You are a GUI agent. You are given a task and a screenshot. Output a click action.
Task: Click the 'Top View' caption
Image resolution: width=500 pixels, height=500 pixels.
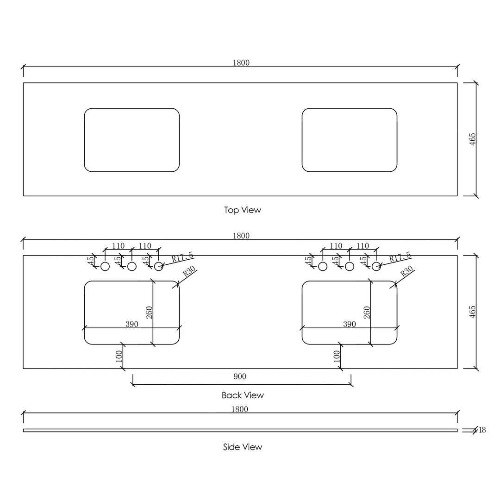[x=243, y=210]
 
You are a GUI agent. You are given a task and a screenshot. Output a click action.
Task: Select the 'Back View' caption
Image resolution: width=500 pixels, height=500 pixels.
[x=243, y=395]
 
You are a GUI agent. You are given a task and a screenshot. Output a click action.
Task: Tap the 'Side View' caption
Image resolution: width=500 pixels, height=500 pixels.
[x=243, y=447]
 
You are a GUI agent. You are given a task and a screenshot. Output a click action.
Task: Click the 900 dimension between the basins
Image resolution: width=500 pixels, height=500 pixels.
[x=240, y=377]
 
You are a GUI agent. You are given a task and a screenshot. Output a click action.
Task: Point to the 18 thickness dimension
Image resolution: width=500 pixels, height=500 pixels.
[x=482, y=430]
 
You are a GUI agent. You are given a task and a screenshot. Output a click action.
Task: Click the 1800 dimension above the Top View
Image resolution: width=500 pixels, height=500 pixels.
[x=241, y=63]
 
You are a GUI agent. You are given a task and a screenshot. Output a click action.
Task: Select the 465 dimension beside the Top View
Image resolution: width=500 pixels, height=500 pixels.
[x=473, y=139]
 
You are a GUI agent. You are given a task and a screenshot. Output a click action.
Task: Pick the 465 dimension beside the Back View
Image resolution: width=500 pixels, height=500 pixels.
[x=473, y=312]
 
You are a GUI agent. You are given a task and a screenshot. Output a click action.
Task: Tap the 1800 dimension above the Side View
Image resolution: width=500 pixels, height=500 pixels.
[x=240, y=409]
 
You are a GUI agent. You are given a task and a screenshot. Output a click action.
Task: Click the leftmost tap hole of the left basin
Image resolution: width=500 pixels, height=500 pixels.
[x=105, y=266]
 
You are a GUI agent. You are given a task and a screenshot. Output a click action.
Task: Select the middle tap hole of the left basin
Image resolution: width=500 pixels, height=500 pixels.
[x=132, y=266]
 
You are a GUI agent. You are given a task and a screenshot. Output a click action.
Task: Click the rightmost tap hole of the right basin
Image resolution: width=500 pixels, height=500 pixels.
[x=376, y=266]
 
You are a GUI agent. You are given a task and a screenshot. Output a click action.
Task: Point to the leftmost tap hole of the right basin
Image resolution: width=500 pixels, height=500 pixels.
[x=323, y=266]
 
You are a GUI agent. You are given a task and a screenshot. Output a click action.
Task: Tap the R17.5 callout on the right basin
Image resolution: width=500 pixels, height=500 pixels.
[x=400, y=257]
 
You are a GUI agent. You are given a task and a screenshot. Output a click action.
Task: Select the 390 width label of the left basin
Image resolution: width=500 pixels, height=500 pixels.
[x=132, y=324]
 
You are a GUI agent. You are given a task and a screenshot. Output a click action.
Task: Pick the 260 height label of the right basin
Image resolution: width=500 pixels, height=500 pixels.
[x=367, y=312]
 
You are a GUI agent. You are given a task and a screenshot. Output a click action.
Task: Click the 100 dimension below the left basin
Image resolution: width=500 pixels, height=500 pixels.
[x=119, y=356]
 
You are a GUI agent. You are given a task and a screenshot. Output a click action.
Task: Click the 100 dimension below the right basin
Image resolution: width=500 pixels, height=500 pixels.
[x=337, y=356]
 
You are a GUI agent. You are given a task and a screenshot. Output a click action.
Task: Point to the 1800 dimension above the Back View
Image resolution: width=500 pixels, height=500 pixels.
[x=241, y=236]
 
